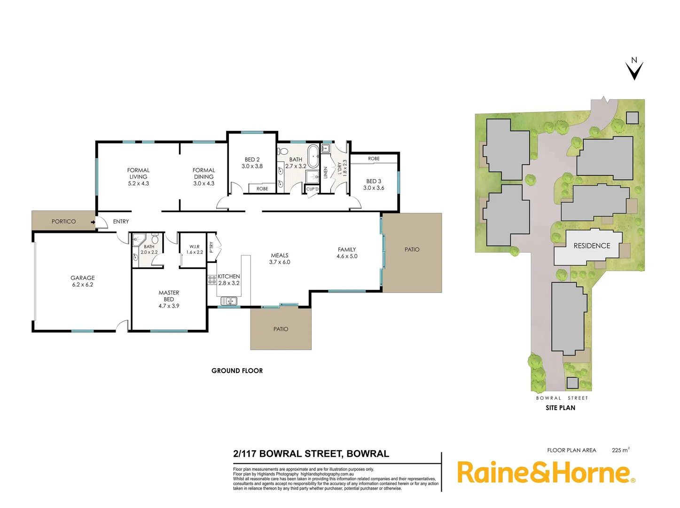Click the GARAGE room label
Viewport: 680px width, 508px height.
82,278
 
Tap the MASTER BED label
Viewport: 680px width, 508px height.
169,296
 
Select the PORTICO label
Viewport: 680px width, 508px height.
63,222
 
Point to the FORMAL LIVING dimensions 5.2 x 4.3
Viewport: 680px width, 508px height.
138,183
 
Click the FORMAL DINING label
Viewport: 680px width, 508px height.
203,174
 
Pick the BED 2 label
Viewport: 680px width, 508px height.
252,159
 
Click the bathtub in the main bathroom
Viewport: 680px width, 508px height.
313,154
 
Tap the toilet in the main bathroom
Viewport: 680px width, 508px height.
282,151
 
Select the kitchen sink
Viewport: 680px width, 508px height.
229,301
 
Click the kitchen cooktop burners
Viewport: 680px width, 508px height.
212,280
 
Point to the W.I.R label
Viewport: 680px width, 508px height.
195,246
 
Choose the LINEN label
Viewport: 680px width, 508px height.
325,173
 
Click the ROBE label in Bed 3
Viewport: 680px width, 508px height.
374,159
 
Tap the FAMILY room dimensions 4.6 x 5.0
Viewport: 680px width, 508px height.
347,256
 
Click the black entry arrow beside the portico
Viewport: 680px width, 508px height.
93,222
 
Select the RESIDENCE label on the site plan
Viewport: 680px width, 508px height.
592,246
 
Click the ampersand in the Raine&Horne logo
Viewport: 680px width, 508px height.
543,473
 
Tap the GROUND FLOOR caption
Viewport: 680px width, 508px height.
237,371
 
